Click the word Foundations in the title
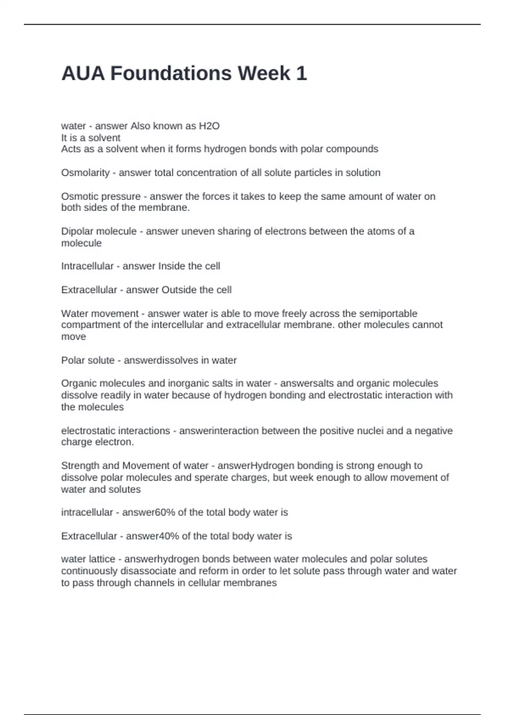[x=171, y=74]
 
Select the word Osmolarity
[x=85, y=173]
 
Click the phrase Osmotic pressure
[x=101, y=196]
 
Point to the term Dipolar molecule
[x=98, y=231]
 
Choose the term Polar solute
[x=88, y=360]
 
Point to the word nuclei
[x=370, y=431]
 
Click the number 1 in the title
[x=301, y=74]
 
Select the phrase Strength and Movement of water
[x=135, y=466]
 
